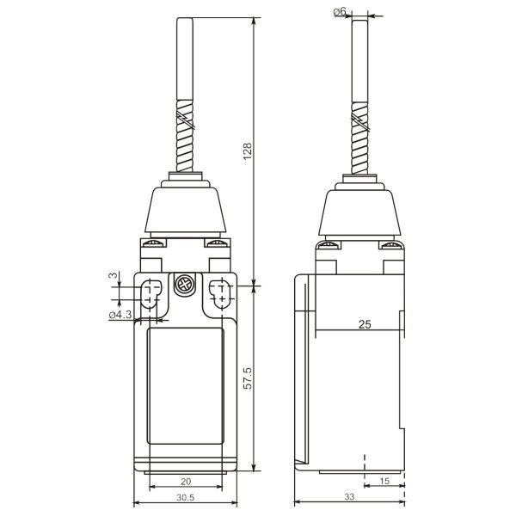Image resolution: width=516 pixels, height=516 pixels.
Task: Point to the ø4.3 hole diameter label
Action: pyautogui.click(x=120, y=316)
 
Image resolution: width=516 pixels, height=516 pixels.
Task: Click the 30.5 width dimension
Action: pyautogui.click(x=186, y=497)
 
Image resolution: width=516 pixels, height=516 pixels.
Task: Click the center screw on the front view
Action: pyautogui.click(x=184, y=285)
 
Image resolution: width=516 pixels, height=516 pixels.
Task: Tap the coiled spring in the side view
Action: pyautogui.click(x=359, y=139)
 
